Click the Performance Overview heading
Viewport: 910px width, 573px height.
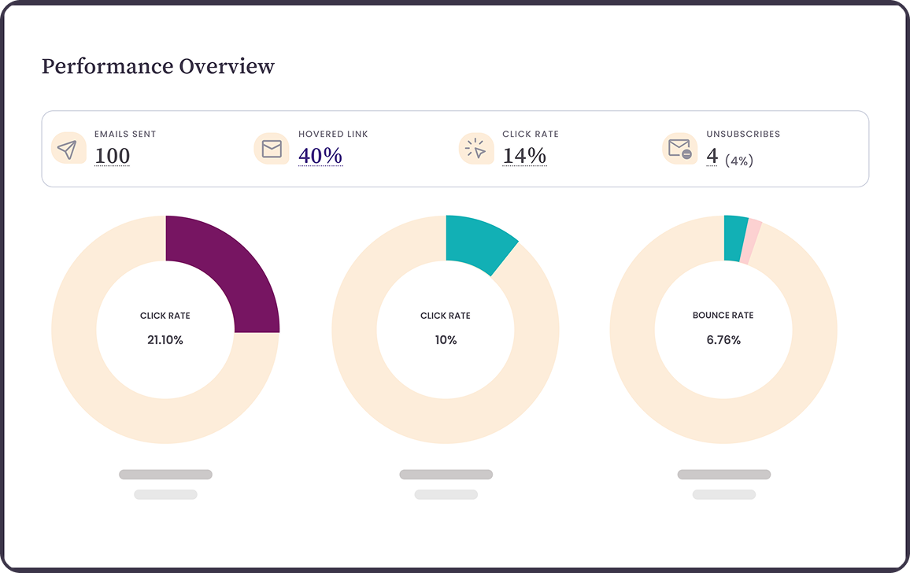point(158,66)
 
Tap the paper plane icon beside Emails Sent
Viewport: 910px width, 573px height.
point(68,149)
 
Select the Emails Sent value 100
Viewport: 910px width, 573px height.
point(113,156)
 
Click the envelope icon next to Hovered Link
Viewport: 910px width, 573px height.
point(272,149)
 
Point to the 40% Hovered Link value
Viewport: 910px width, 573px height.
point(320,156)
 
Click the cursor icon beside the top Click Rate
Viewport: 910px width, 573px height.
point(475,149)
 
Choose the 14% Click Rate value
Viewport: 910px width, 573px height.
point(524,156)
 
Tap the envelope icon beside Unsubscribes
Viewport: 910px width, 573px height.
point(679,149)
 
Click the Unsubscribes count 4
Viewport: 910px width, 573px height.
point(712,156)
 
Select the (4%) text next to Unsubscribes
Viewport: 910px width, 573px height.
point(739,161)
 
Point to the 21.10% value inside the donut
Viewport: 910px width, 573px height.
point(165,341)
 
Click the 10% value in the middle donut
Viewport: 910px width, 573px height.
point(446,341)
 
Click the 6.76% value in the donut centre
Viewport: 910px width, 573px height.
point(723,341)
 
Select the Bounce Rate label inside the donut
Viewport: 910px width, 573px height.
point(723,316)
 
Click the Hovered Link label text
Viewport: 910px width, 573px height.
point(333,134)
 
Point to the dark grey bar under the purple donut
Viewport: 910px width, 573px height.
point(165,475)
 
